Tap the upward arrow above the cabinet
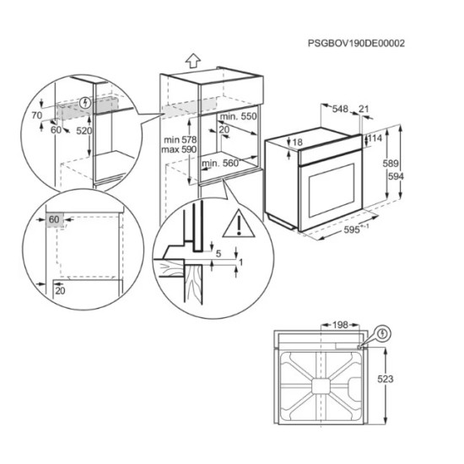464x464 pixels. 193,60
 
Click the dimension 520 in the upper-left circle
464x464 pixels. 83,132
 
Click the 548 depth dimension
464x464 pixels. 341,110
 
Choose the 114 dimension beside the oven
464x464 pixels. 375,138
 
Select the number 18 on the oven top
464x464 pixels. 296,143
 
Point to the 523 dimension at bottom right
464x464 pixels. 407,380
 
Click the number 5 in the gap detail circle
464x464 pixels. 218,252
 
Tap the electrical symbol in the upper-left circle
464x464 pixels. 83,105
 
